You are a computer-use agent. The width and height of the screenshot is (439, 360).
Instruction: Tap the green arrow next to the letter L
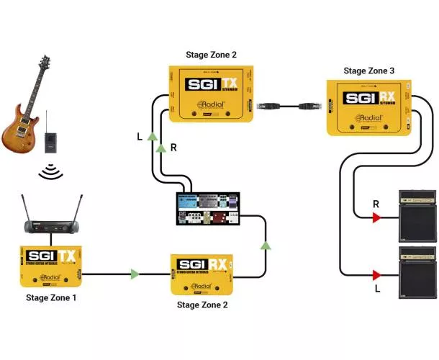tap(150, 136)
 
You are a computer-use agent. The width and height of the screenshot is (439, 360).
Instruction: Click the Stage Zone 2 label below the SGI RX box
tap(207, 305)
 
